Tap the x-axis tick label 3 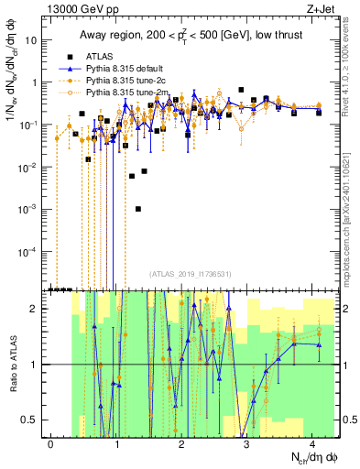246,443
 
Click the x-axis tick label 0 51,443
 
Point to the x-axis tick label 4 311,443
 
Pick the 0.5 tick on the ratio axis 33,420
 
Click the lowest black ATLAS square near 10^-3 138,209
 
